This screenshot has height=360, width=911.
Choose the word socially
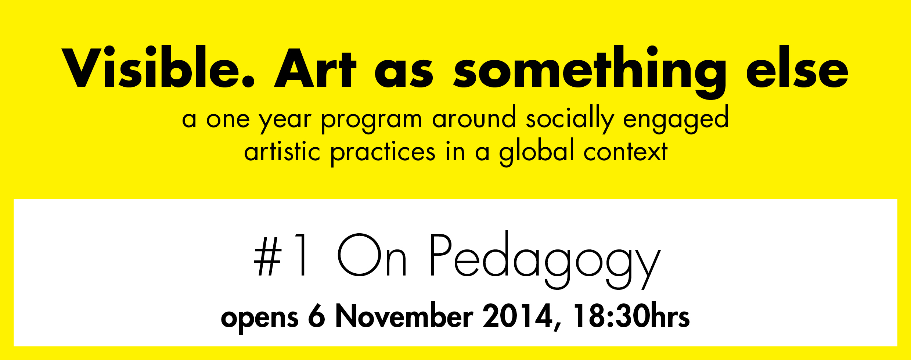click(570, 118)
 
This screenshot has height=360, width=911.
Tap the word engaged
click(676, 119)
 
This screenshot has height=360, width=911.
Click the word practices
click(383, 152)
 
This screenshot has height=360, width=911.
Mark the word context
click(626, 151)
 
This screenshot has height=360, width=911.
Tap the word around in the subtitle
click(474, 118)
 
